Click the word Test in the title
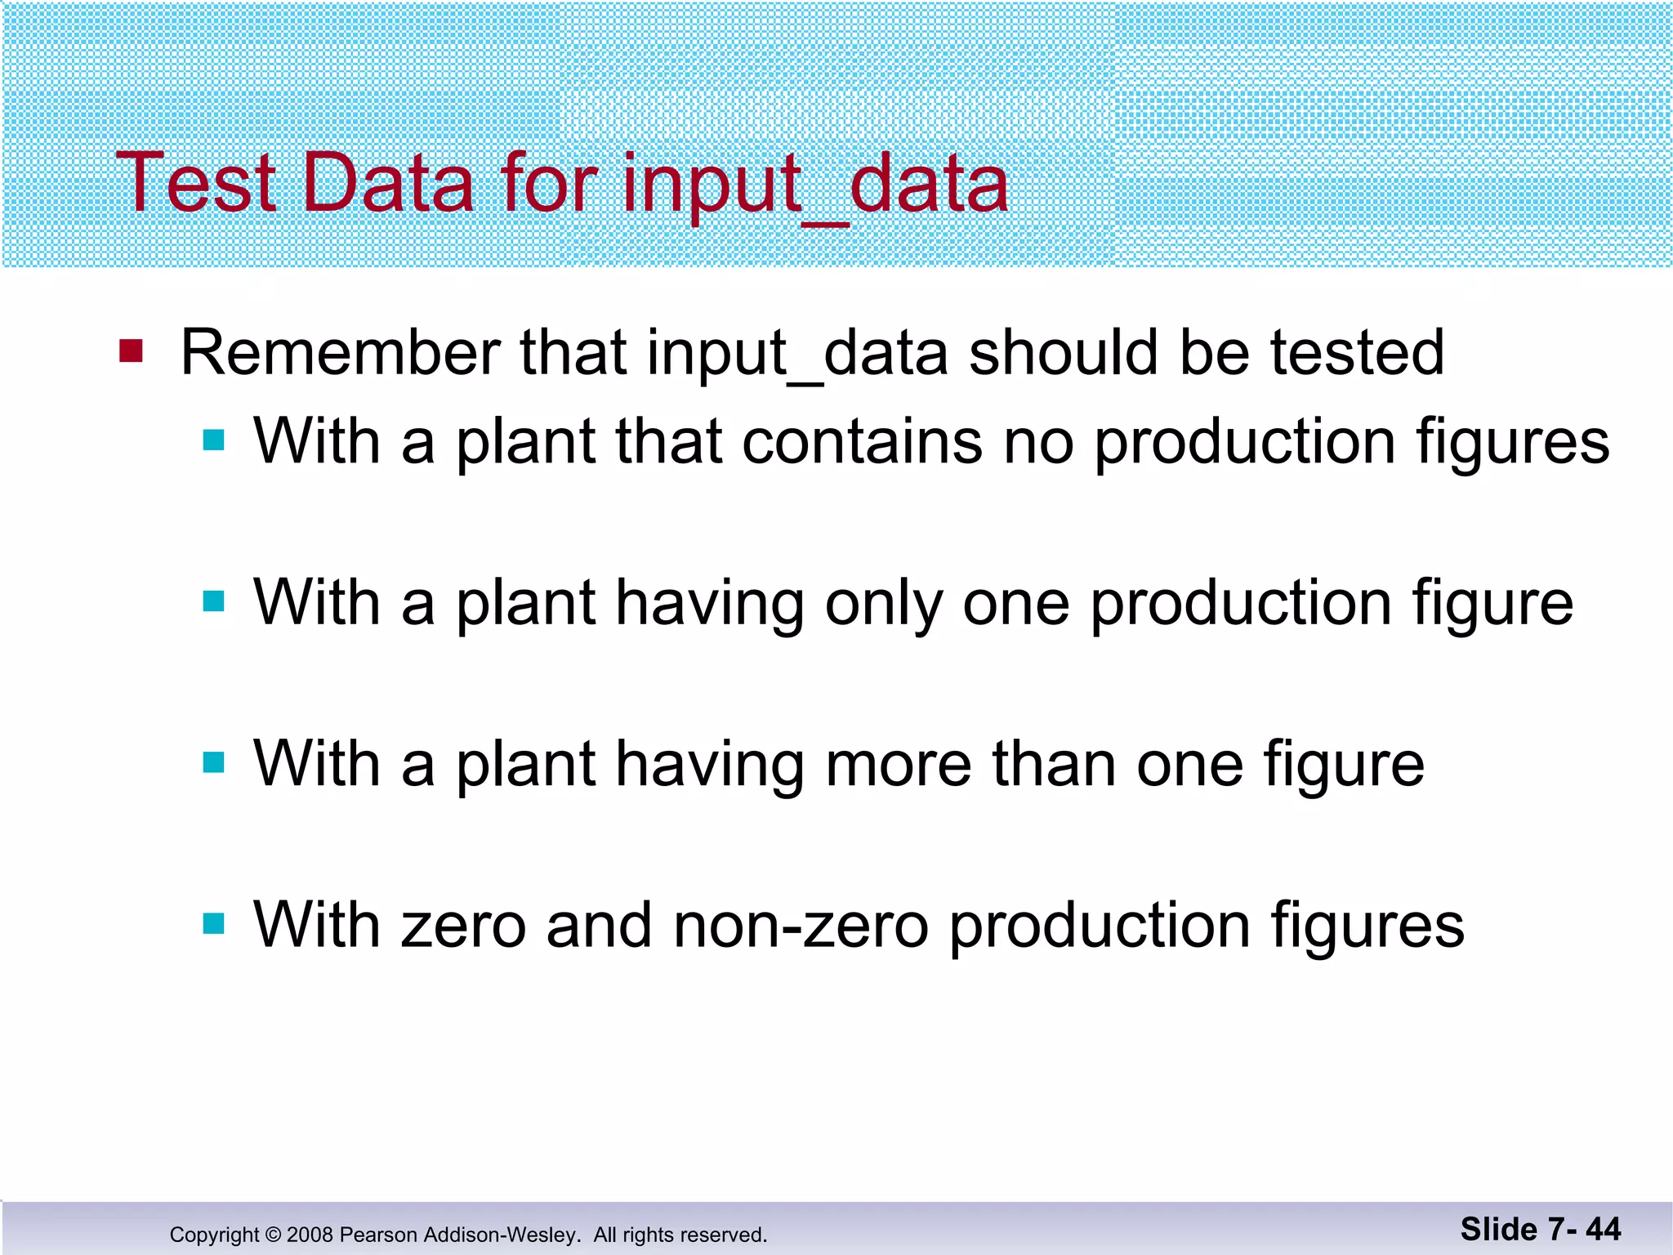197,183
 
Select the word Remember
340,353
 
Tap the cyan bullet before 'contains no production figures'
214,441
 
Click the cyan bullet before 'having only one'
214,602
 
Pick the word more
899,764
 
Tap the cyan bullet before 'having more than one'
214,763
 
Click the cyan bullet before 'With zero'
214,924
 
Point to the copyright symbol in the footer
273,1235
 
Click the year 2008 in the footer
310,1235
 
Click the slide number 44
1603,1229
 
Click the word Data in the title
388,183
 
